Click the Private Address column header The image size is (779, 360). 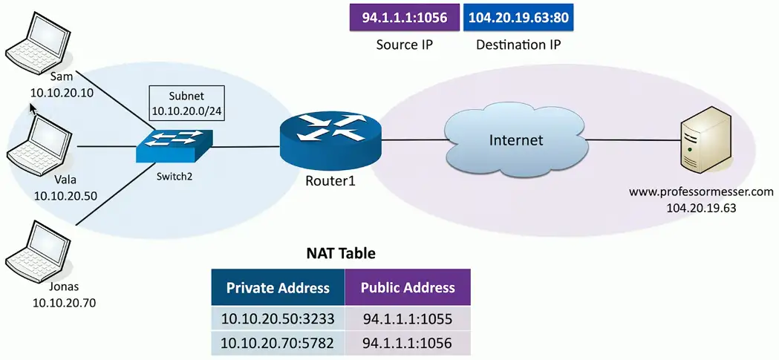coord(278,288)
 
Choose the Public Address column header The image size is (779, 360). coord(408,288)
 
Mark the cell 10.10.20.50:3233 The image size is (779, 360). coord(278,319)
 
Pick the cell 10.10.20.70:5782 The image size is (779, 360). coord(278,344)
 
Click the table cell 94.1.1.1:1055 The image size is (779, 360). coord(408,319)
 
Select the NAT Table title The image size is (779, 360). coord(341,253)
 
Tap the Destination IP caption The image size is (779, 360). coord(518,45)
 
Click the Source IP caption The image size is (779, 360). coord(405,45)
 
